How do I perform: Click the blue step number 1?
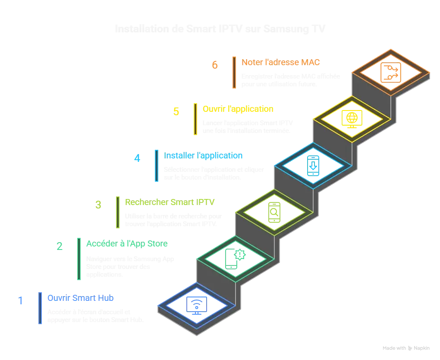[x=20, y=300]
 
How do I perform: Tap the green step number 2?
[x=60, y=247]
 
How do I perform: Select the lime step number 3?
[x=98, y=205]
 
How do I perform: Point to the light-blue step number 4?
[x=137, y=158]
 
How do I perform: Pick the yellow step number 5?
[x=176, y=112]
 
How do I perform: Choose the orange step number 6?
[x=215, y=65]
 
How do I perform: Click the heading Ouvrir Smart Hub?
[x=81, y=298]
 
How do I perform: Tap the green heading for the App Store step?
[x=127, y=244]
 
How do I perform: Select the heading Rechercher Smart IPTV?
[x=170, y=202]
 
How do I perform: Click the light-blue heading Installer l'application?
[x=203, y=155]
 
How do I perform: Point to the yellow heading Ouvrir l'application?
[x=238, y=109]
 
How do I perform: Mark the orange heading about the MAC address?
[x=281, y=62]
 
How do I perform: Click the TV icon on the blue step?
[x=196, y=306]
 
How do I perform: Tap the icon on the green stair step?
[x=236, y=258]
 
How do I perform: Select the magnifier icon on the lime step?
[x=274, y=212]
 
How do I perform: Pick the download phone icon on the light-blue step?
[x=313, y=166]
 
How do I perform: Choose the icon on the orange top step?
[x=390, y=72]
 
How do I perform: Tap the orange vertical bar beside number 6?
[x=234, y=72]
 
